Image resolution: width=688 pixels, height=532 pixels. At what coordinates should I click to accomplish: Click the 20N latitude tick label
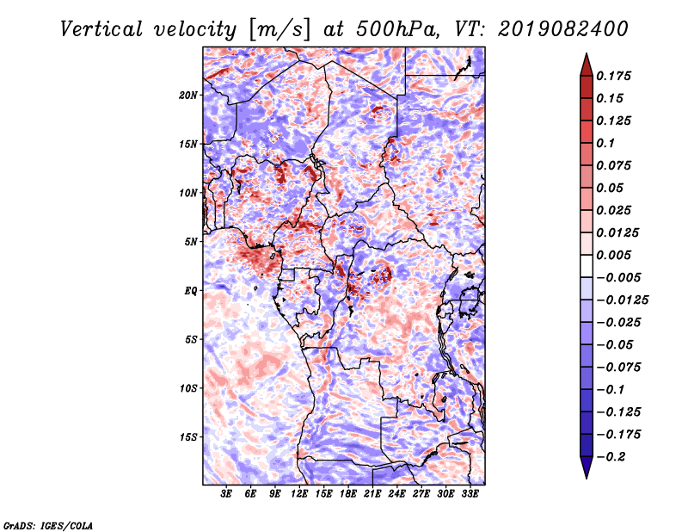coord(189,95)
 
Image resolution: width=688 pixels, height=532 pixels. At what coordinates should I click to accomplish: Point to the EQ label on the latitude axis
coord(192,291)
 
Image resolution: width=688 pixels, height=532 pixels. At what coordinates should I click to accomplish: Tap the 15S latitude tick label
coord(189,437)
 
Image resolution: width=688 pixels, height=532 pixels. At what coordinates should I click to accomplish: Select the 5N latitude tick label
coord(192,242)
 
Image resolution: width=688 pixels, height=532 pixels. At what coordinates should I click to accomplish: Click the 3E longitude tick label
coord(227,495)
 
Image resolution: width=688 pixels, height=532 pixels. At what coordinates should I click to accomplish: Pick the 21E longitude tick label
coord(372,495)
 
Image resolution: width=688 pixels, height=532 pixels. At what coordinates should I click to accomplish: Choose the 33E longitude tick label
coord(470,495)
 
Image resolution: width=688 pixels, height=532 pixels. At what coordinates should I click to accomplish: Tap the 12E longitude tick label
coord(299,495)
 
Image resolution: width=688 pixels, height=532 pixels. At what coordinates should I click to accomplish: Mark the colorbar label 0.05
coord(611,188)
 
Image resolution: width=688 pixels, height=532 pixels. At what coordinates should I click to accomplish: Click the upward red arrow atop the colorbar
coord(586,62)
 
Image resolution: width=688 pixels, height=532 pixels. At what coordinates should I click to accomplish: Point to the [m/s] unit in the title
coord(276,29)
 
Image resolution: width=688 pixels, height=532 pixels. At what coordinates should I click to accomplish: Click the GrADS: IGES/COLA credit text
coord(48,524)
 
